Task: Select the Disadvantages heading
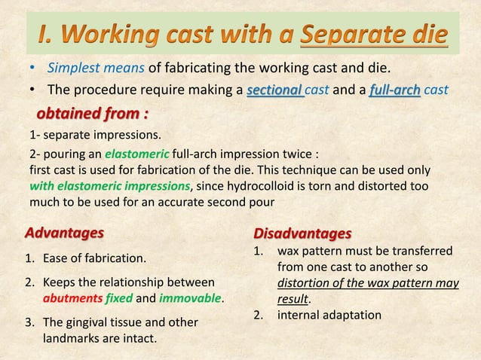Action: click(302, 232)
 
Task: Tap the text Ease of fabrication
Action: click(95, 258)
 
